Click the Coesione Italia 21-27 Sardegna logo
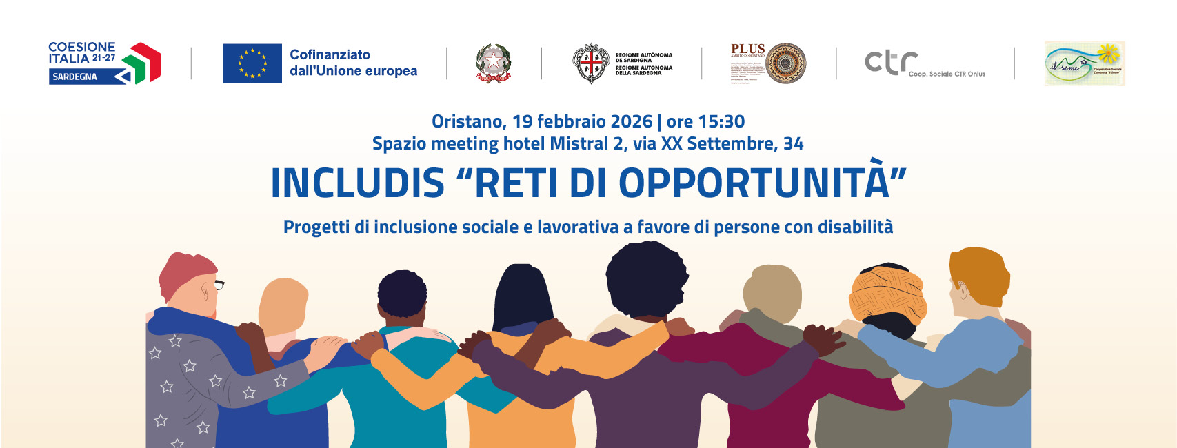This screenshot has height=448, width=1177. pos(103,63)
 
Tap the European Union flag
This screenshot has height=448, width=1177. pos(252,63)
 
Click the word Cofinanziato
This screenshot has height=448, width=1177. pos(330,54)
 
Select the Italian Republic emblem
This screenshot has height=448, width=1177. pos(494,63)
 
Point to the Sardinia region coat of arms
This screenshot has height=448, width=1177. pos(590,63)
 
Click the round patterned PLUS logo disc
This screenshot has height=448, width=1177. pos(785,63)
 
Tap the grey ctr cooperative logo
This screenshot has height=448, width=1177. pos(892,62)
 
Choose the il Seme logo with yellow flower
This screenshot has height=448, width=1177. pos(1085,63)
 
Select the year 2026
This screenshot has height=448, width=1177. pos(631,122)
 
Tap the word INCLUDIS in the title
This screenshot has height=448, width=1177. pos(357,183)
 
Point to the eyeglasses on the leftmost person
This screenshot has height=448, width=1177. pos(219,283)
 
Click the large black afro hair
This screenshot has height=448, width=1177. pos(645,279)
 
